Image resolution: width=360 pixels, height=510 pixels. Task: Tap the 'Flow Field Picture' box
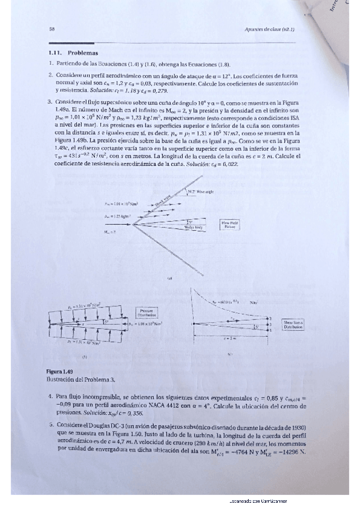[x=228, y=224]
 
